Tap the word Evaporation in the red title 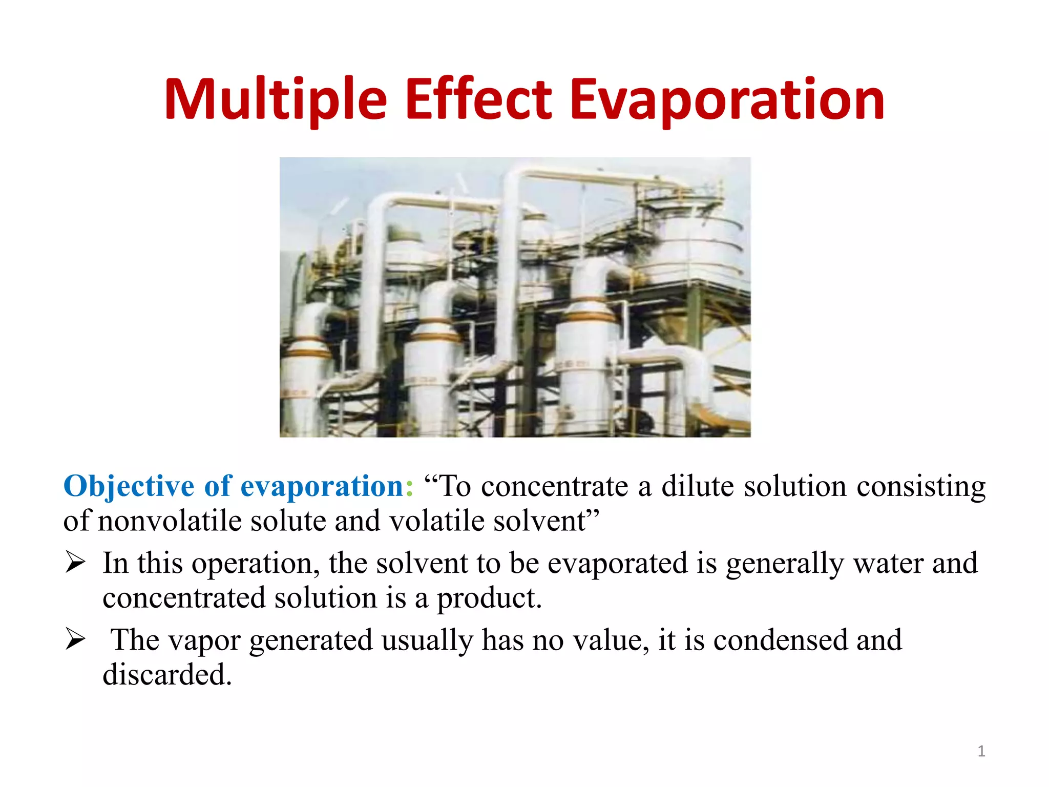coord(727,100)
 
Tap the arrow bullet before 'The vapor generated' coord(75,640)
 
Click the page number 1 coord(981,751)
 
